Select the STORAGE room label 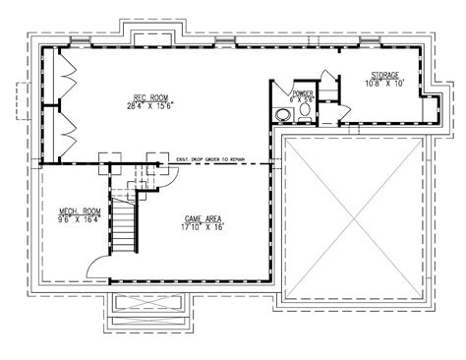click(384, 75)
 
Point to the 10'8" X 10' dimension click(384, 84)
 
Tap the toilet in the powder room click(305, 113)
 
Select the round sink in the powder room click(283, 115)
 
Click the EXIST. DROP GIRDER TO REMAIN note click(224, 157)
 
